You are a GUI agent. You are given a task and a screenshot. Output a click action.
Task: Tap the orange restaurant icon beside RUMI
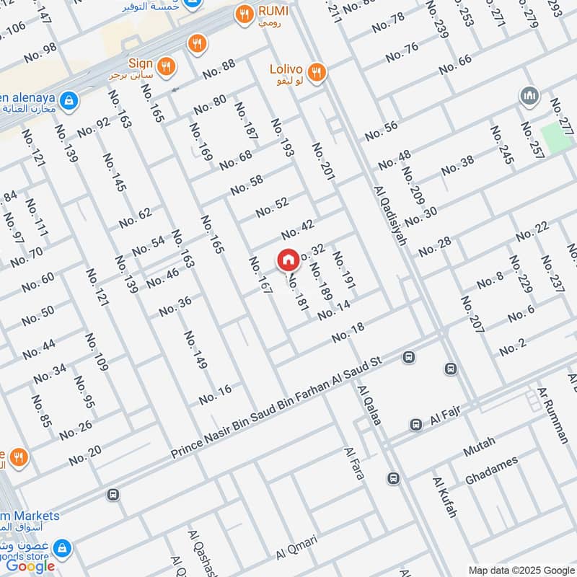245,12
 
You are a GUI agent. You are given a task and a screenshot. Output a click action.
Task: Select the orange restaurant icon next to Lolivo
315,71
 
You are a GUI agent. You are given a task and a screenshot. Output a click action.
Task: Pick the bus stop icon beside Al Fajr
415,425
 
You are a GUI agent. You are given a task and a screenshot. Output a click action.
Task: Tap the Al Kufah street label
445,497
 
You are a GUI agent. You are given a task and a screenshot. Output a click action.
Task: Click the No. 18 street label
348,332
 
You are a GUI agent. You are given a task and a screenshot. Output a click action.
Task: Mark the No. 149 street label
195,351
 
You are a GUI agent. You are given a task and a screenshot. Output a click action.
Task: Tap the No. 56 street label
381,131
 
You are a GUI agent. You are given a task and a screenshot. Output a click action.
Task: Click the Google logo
30,566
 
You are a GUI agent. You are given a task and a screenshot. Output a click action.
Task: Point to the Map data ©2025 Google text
520,569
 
